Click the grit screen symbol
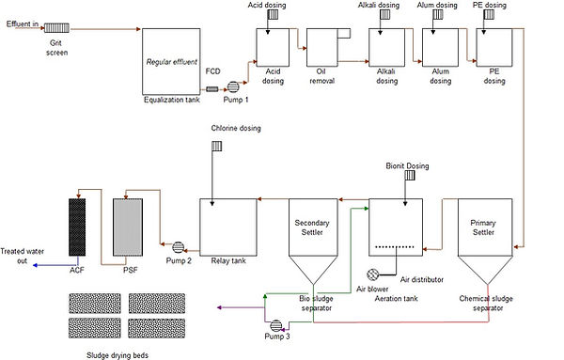click(x=58, y=28)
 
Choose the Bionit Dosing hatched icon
click(x=410, y=176)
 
